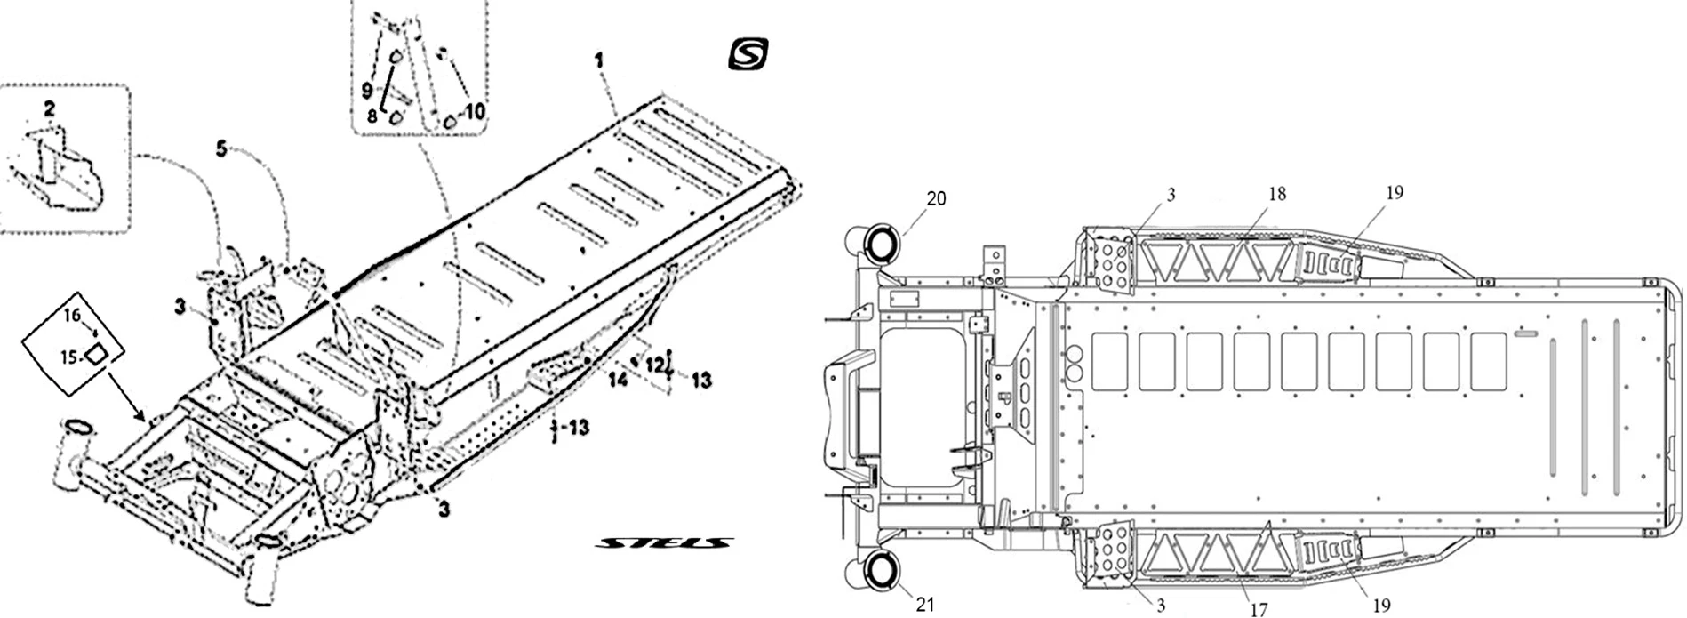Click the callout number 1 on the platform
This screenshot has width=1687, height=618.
599,60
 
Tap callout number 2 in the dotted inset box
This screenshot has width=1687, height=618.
49,109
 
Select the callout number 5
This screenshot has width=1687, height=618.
221,148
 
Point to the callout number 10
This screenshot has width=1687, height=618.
475,111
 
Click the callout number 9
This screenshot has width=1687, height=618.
366,90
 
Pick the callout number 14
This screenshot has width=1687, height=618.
618,380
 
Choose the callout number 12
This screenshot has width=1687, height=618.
654,363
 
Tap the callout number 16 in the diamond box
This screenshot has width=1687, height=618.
71,314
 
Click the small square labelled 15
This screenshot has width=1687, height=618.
95,354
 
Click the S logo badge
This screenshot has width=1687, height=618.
748,53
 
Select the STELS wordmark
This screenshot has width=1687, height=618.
665,542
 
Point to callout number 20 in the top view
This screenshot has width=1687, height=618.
936,199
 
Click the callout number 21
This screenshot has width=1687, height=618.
925,605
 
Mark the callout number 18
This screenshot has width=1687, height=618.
1277,194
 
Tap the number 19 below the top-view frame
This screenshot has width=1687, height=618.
1381,606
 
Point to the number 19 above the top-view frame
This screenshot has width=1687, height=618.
1395,192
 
